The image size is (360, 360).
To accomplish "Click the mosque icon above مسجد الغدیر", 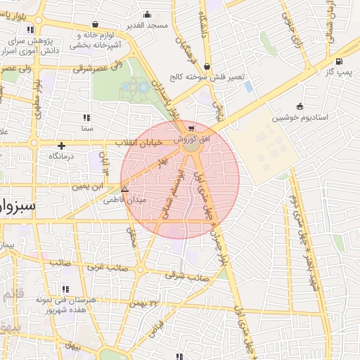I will tap(147, 14).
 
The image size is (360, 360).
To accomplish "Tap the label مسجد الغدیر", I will tap(147, 25).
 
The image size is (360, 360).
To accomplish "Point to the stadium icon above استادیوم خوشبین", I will tap(300, 106).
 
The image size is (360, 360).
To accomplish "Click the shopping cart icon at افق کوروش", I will tap(191, 129).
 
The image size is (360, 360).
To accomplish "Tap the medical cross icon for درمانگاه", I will tap(62, 146).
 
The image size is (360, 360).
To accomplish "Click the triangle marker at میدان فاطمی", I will tap(124, 189).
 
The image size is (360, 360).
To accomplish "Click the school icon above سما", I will tap(86, 117).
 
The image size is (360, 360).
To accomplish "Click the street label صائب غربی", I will tap(105, 267).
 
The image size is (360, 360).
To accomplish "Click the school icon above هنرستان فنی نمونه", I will tap(65, 288).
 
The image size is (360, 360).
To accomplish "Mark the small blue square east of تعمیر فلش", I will tap(248, 86).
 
